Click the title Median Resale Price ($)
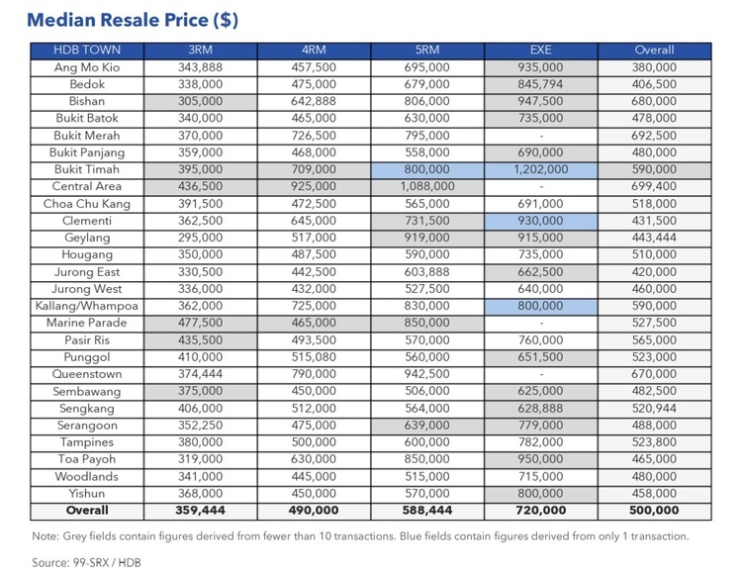[133, 20]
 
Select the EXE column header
[540, 50]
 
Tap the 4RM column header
[313, 50]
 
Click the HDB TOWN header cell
[86, 50]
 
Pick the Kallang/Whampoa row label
[86, 306]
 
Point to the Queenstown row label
[86, 374]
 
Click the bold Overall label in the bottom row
[86, 511]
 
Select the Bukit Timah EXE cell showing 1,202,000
[540, 170]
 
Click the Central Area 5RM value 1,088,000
[427, 187]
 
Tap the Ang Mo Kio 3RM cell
[200, 67]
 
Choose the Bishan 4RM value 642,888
[313, 102]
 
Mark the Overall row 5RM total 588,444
[427, 511]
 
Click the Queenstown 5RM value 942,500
[427, 374]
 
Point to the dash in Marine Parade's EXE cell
[540, 324]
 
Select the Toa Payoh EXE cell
[540, 459]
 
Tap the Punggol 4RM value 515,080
[313, 357]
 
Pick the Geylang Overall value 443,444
[654, 238]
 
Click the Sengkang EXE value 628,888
[540, 409]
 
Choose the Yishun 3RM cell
[200, 494]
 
